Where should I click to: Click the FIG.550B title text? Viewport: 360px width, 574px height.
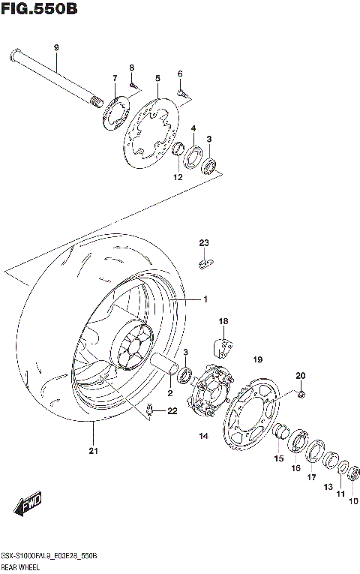[38, 9]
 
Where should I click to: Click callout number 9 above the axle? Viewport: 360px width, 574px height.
[55, 49]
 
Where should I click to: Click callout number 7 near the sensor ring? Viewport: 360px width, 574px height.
[115, 79]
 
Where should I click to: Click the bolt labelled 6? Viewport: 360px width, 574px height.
[182, 92]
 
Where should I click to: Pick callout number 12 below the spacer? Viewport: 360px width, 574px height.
[178, 177]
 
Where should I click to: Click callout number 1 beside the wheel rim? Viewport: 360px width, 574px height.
[204, 299]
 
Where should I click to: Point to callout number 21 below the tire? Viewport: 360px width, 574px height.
[93, 451]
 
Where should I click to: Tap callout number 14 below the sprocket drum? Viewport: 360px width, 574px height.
[202, 436]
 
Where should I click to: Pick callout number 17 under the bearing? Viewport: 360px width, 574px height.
[311, 477]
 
